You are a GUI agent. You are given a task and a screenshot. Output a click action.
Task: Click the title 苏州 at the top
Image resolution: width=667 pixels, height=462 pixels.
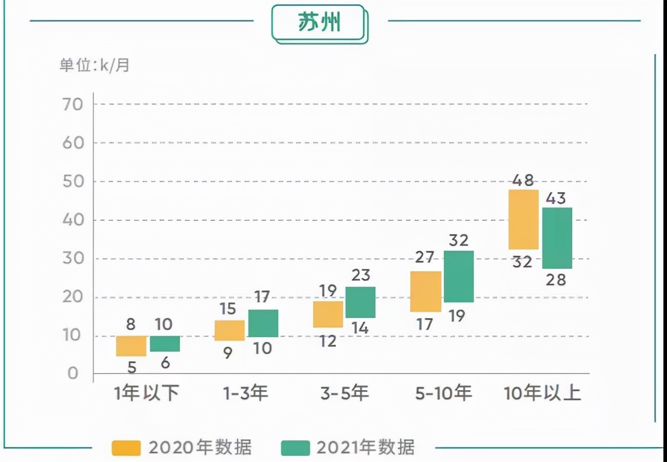(319, 23)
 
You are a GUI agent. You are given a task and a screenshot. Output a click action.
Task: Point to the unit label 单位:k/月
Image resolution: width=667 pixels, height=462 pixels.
(94, 65)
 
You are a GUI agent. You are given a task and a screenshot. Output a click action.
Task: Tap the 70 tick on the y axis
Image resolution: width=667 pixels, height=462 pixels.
(71, 104)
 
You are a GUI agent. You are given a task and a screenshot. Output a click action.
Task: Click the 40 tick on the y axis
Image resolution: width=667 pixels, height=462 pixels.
(71, 220)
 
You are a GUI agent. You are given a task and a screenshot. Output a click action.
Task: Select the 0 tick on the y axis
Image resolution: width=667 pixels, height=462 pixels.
(73, 374)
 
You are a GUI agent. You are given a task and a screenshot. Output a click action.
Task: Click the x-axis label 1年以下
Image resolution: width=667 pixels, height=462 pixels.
(147, 394)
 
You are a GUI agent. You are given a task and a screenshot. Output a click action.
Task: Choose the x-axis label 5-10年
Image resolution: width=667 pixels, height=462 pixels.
(443, 394)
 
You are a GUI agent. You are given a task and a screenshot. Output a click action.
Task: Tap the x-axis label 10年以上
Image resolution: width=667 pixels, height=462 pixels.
(542, 394)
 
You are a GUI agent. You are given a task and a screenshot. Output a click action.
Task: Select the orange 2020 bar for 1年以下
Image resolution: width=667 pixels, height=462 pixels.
(131, 346)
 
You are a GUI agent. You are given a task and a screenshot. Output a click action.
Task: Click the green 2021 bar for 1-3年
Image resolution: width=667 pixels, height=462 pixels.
(263, 323)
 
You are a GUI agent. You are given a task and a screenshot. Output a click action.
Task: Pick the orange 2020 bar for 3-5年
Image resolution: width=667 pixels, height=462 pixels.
(329, 314)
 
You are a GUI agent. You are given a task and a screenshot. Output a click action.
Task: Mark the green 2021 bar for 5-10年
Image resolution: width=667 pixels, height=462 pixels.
(459, 277)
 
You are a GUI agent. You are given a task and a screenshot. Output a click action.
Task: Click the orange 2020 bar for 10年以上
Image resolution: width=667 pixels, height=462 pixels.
(524, 220)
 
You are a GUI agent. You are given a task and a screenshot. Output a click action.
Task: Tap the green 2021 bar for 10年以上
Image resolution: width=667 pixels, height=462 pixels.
(557, 238)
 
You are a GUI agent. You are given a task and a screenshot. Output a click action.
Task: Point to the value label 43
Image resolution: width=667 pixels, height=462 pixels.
(556, 198)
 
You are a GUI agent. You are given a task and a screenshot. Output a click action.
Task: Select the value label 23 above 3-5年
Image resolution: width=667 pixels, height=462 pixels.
(360, 275)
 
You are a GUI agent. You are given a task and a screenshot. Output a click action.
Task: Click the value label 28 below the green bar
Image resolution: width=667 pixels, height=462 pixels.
(556, 280)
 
